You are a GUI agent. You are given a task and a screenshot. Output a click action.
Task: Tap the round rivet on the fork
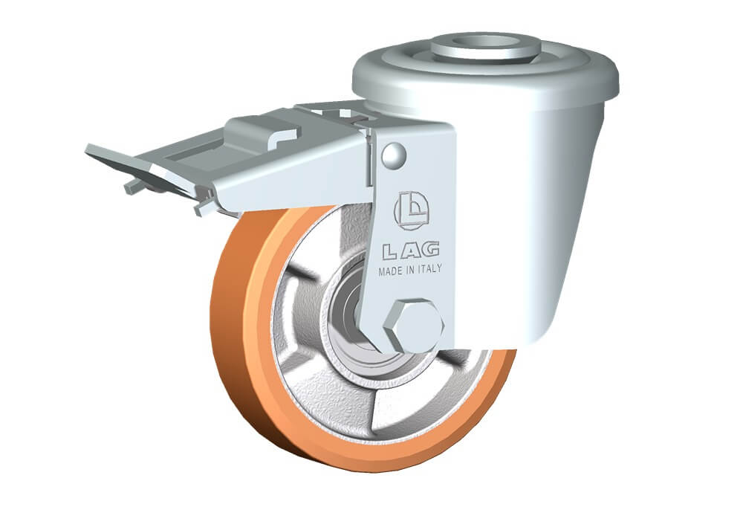[x=394, y=155]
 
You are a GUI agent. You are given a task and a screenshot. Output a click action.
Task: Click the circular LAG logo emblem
[x=412, y=210]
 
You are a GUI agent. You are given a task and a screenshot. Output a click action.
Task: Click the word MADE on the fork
[x=390, y=271]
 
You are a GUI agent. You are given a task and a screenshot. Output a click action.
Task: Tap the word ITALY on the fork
[x=429, y=268]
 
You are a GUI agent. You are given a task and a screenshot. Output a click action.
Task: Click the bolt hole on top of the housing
[x=487, y=42]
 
